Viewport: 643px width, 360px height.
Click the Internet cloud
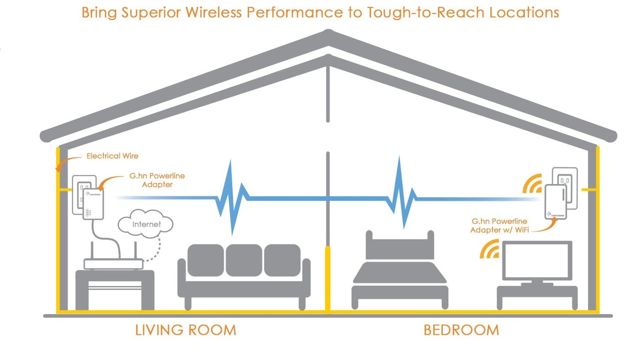click(146, 224)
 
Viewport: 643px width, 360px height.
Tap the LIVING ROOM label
click(186, 330)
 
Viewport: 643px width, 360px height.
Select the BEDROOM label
click(461, 330)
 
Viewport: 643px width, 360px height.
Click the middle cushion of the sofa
click(244, 260)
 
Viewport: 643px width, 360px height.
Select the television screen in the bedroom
click(537, 260)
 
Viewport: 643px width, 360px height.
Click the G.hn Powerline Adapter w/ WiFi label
click(498, 226)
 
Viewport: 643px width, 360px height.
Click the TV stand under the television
click(537, 297)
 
